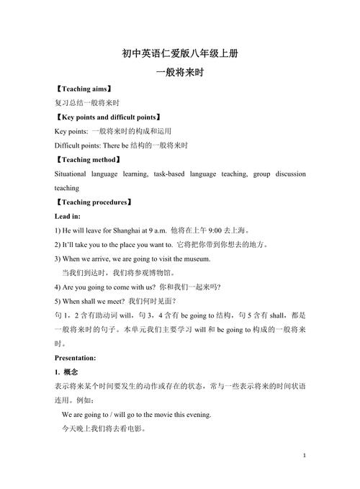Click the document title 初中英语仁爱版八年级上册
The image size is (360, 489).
(x=180, y=54)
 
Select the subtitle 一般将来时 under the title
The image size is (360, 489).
(x=180, y=73)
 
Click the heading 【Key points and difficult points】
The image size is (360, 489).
(x=107, y=117)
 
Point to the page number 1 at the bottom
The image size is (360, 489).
(x=305, y=456)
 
